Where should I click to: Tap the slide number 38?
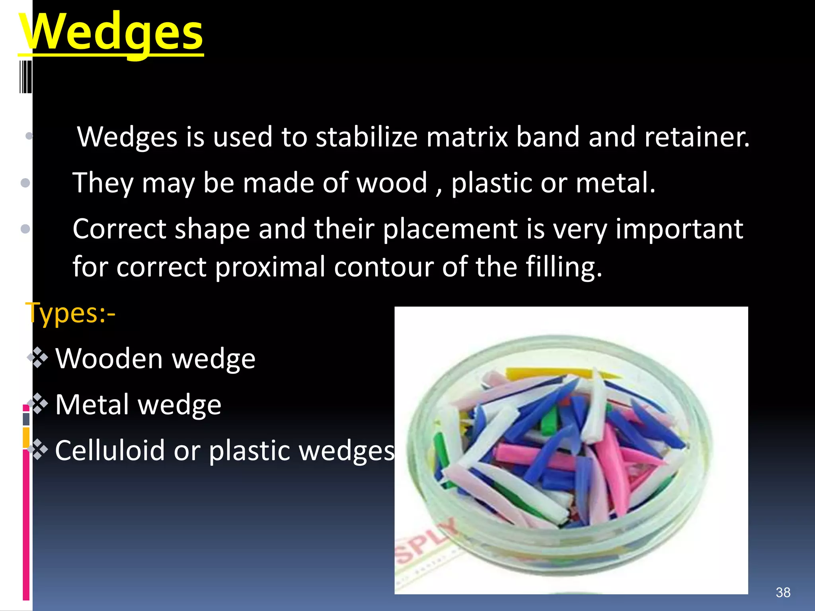(783, 592)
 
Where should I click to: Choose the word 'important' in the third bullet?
(679, 229)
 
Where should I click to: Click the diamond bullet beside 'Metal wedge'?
(39, 404)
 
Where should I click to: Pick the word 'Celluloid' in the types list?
(109, 450)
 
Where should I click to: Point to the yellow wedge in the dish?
(557, 374)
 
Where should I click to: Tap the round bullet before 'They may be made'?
(25, 183)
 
